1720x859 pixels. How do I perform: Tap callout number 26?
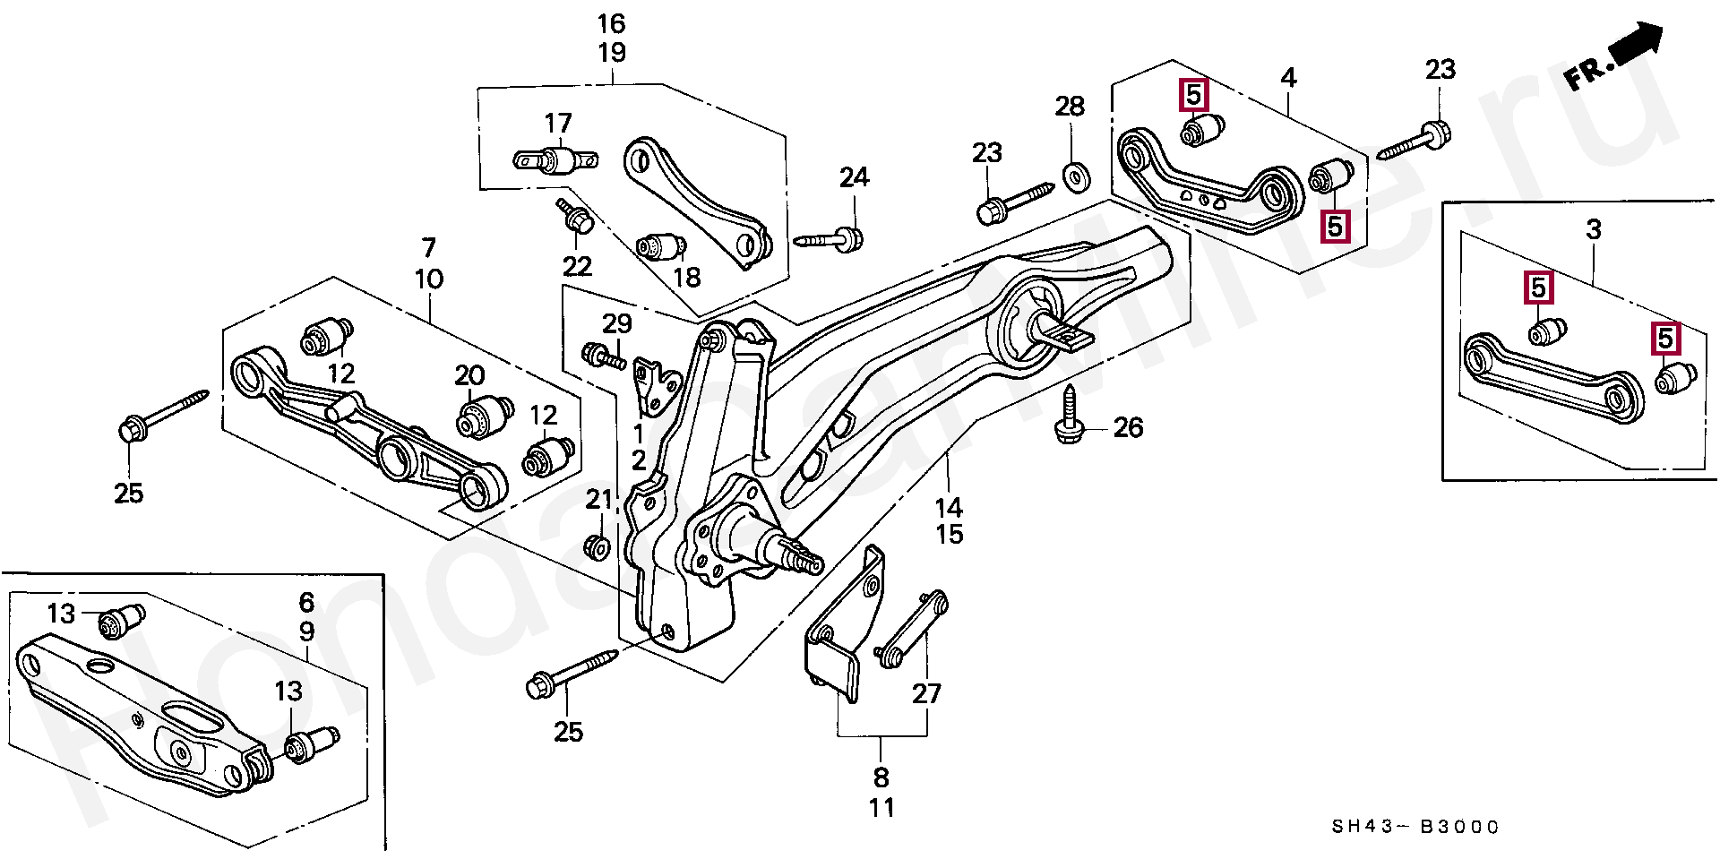pos(1128,428)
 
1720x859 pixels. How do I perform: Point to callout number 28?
pos(1070,107)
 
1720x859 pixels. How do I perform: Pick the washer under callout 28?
pos(1071,174)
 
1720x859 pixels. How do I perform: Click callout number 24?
pos(854,177)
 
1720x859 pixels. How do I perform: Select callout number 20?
pos(469,376)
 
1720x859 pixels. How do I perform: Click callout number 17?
pos(557,123)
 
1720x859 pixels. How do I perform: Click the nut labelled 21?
pos(596,545)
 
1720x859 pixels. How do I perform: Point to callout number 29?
pos(616,323)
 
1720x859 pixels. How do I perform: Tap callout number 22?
pos(577,266)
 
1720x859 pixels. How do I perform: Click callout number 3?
pos(1593,230)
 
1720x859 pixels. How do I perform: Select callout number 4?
pos(1288,78)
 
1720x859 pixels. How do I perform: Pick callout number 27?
pos(927,693)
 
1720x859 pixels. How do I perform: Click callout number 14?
pos(949,508)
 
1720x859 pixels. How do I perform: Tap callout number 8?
pos(881,777)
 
